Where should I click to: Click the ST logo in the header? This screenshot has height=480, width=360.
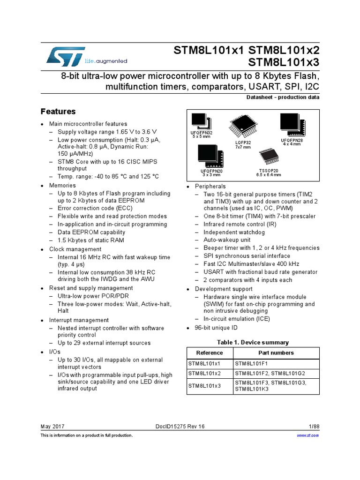point(66,56)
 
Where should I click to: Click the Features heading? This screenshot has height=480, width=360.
point(58,112)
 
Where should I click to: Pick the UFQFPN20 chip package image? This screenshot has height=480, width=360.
point(208,155)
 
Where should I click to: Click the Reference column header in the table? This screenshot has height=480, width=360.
point(210,353)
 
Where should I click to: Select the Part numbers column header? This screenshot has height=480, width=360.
point(276,353)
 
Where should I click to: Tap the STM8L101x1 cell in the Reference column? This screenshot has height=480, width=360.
point(204,363)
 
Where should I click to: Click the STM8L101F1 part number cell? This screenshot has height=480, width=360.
point(251,363)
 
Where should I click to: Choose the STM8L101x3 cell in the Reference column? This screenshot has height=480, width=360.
point(204,386)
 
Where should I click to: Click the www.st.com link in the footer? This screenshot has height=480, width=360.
point(308,435)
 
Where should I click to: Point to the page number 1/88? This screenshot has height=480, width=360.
point(314,426)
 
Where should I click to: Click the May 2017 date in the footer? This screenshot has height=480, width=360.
point(52,426)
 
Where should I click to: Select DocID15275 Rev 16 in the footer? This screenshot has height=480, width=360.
point(180,426)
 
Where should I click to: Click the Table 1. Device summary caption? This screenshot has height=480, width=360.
point(253,342)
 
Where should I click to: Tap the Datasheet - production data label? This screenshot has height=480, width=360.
point(283,97)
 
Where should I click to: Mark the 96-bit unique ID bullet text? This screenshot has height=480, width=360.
point(216,328)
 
